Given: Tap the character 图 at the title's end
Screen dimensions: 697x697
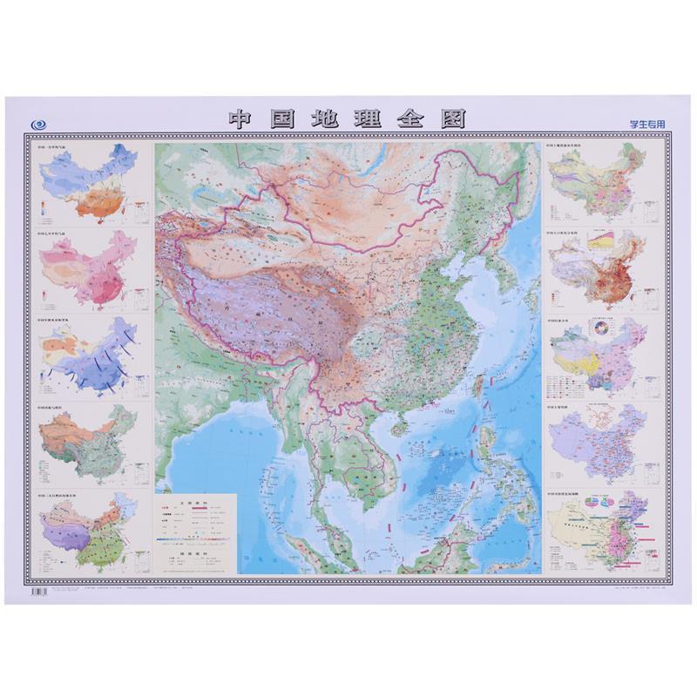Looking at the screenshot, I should tap(452, 119).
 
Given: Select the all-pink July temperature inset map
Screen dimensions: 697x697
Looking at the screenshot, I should tap(88, 270).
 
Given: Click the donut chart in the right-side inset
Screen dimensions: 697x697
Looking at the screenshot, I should tap(599, 329).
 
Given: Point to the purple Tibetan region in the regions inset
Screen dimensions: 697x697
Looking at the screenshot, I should tap(66, 531).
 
